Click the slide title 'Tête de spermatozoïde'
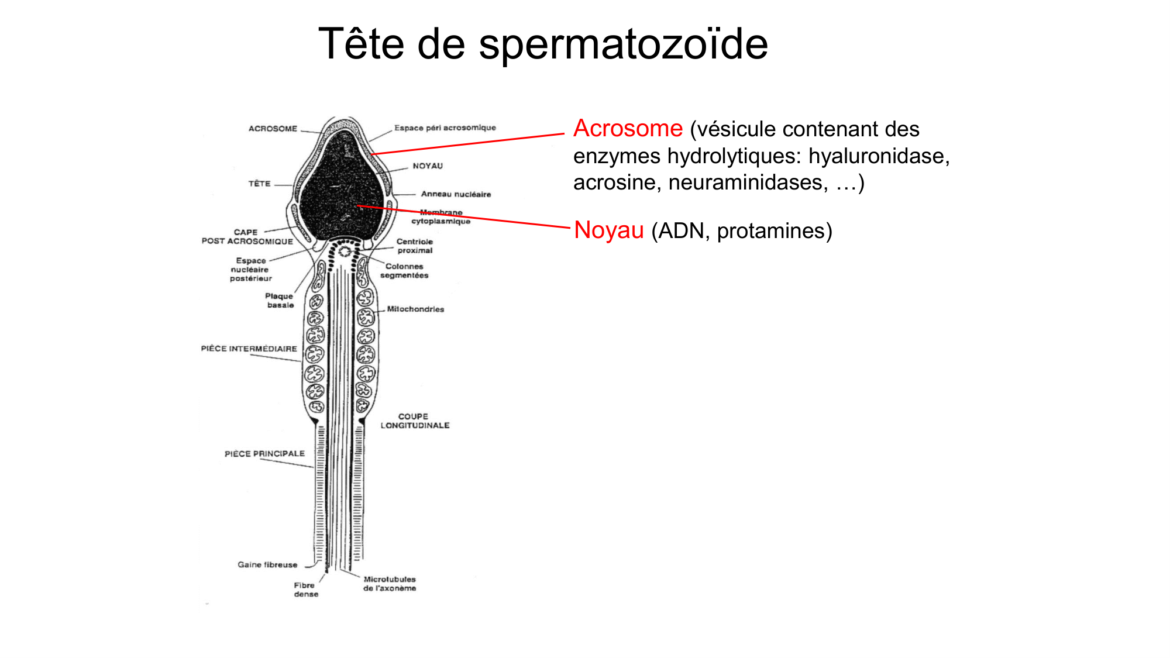[x=543, y=43]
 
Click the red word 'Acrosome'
[x=628, y=128]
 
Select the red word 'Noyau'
[x=609, y=230]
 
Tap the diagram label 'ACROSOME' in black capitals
[x=273, y=129]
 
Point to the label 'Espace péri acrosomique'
[x=445, y=128]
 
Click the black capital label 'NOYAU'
[x=428, y=166]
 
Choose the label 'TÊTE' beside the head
[x=259, y=184]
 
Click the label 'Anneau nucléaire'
[x=456, y=194]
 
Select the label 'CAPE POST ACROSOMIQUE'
[x=247, y=236]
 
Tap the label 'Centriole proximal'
[x=415, y=246]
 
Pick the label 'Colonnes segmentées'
[x=404, y=271]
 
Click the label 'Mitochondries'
[x=415, y=309]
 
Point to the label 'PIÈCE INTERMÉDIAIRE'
[x=249, y=349]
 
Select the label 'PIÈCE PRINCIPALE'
[x=264, y=453]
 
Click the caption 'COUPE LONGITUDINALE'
[x=415, y=421]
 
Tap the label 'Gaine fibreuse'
[x=267, y=564]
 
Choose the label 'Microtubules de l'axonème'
[x=390, y=584]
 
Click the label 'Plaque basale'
[x=280, y=301]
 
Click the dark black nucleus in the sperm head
[x=342, y=187]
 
